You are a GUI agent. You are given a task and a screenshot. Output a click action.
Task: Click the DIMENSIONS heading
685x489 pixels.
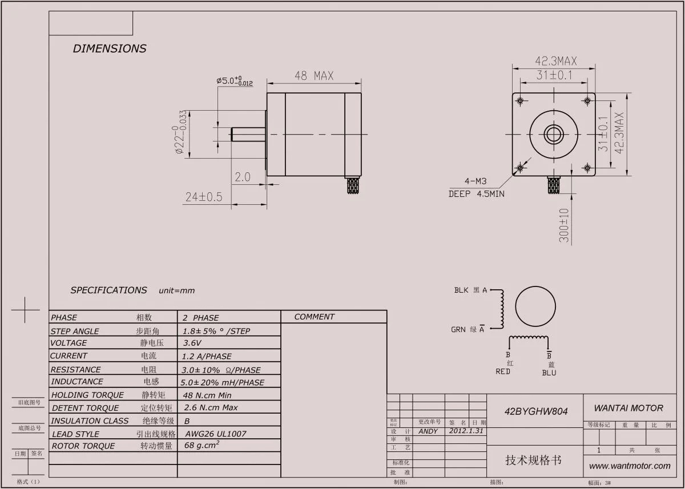coord(110,49)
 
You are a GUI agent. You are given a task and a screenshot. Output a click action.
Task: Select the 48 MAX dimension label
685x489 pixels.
coord(314,76)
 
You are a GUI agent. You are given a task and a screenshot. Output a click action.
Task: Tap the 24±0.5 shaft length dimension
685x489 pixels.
coord(204,197)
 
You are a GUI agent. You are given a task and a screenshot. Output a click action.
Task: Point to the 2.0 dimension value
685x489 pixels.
coord(243,177)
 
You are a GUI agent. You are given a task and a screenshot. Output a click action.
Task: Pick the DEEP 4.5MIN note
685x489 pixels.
coord(476,194)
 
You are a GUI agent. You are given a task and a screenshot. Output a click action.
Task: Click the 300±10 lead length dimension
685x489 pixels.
coord(564,225)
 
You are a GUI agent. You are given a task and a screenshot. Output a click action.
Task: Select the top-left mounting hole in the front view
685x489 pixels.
coord(520,101)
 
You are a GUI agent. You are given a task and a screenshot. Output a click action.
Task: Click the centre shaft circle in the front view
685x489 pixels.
coord(553,135)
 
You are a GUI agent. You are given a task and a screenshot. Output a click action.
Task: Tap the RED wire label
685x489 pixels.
coord(503,371)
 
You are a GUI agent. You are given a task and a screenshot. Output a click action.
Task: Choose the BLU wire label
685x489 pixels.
coord(549,373)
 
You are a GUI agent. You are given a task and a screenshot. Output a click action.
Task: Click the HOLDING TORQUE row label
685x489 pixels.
coord(87,395)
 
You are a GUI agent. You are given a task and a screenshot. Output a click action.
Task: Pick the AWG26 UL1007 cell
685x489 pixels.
coord(216,434)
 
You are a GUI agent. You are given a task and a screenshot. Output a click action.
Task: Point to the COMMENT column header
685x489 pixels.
coord(315,317)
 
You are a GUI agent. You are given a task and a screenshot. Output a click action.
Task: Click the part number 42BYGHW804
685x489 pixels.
coord(535,411)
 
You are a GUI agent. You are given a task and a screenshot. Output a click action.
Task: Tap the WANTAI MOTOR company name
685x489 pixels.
coord(628,408)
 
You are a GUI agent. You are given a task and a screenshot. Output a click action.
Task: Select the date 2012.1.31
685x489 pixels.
coord(466,431)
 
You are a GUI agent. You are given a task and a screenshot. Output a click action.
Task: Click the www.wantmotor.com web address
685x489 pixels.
coord(630,466)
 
